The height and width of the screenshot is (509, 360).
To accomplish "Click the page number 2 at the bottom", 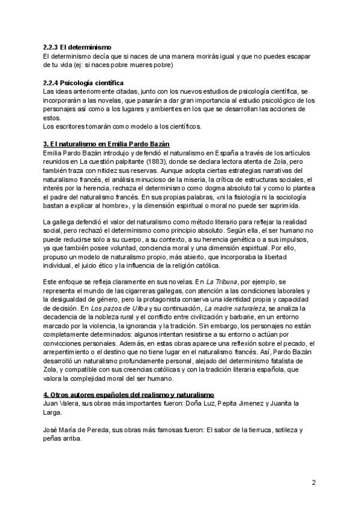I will (314, 482).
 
